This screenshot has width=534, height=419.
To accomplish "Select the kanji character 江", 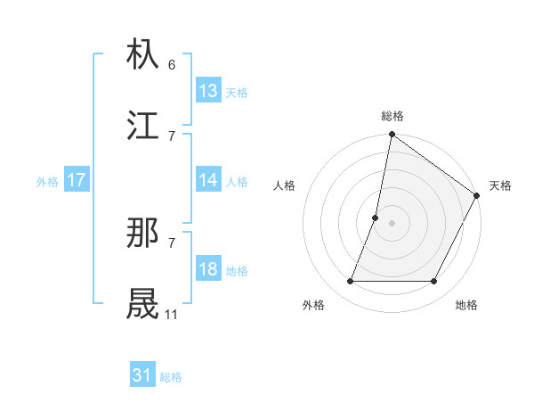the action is point(143,125).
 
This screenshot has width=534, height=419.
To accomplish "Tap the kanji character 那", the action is point(143,234).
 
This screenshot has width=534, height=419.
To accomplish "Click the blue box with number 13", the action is point(208,91).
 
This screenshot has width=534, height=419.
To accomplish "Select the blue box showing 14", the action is point(208,180).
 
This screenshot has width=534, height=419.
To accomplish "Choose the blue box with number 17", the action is point(77,180).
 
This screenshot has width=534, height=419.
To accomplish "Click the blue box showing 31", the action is point(142,376).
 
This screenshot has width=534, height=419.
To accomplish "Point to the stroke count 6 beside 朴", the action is point(171,65).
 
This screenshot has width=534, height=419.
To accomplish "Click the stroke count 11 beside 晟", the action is point(171,314).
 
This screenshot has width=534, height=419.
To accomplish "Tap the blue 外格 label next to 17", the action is point(47,182).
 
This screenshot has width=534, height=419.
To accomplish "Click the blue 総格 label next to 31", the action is point(171,378).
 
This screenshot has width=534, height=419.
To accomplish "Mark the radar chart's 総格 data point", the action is point(392,136).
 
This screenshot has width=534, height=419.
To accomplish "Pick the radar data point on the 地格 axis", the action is point(434,282).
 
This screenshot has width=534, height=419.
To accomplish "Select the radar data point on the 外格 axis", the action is point(350,282).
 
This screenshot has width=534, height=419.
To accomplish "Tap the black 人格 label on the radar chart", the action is point(285,185).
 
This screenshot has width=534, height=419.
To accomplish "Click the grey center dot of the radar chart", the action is point(392,223).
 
